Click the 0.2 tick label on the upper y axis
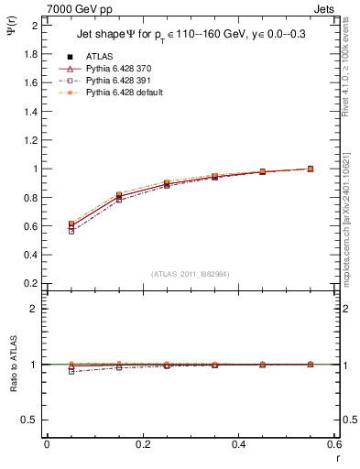30,284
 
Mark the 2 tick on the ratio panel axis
35,309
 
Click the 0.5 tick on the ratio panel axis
30,420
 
